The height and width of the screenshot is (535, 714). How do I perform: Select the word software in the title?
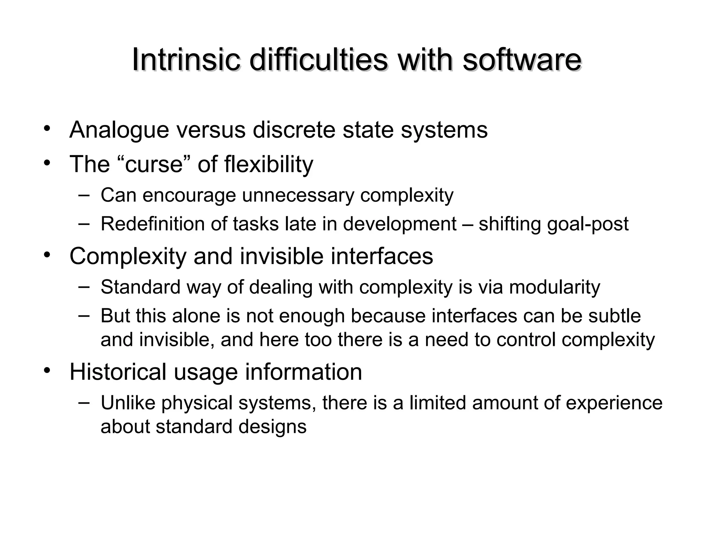coord(522,60)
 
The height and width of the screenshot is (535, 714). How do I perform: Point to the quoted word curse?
coord(153,164)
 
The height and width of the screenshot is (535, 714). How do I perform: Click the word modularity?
coord(555,288)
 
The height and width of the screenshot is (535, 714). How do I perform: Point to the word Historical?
coord(118,372)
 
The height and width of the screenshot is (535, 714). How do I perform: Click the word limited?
coord(438,403)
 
